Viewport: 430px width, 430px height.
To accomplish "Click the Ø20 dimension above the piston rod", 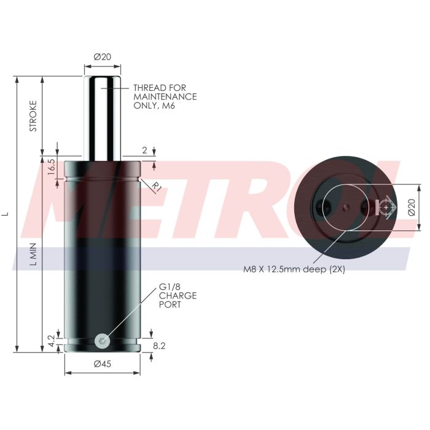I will pyautogui.click(x=102, y=57).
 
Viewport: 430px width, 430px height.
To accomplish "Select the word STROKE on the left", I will pyautogui.click(x=34, y=115).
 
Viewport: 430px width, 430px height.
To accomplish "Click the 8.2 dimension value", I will pyautogui.click(x=158, y=346).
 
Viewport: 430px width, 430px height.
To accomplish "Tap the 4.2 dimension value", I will pyautogui.click(x=52, y=339).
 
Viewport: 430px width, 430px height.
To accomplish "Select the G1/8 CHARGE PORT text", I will pyautogui.click(x=178, y=295).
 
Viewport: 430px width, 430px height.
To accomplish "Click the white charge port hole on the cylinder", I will pyautogui.click(x=103, y=340).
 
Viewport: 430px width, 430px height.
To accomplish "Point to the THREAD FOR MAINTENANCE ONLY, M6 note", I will pyautogui.click(x=165, y=97).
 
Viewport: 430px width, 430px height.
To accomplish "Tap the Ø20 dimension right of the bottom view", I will pyautogui.click(x=412, y=207).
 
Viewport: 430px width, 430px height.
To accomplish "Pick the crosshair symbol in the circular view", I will pyautogui.click(x=385, y=207).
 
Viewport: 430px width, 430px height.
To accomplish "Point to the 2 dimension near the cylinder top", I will pyautogui.click(x=144, y=149).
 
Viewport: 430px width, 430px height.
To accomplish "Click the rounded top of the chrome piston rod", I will pyautogui.click(x=102, y=78).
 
